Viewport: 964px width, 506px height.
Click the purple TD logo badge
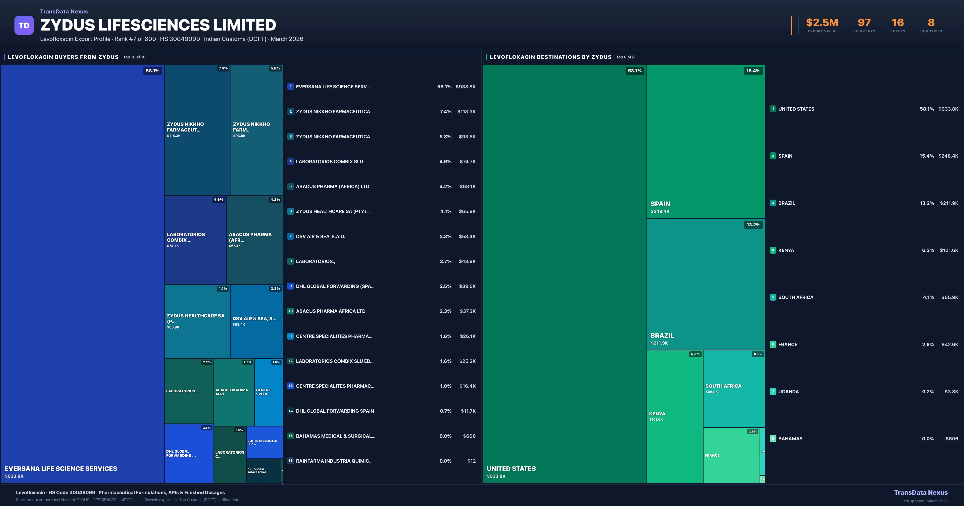coord(24,26)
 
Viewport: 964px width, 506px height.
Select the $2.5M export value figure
coord(822,23)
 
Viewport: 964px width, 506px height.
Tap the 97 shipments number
coord(864,23)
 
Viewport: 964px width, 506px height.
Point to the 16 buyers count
coord(897,23)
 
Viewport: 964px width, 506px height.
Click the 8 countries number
coord(931,23)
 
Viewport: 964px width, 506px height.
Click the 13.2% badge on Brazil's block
coord(753,225)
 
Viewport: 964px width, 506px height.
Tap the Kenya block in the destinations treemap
coord(675,416)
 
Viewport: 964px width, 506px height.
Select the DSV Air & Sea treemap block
coord(256,321)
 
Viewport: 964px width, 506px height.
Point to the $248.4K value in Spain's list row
coord(948,156)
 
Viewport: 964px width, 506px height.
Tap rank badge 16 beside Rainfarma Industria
coord(290,461)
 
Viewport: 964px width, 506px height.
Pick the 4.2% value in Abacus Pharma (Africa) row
coord(445,186)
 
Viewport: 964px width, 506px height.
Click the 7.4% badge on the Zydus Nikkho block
coord(223,68)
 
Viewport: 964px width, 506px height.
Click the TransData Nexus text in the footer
coord(921,493)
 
